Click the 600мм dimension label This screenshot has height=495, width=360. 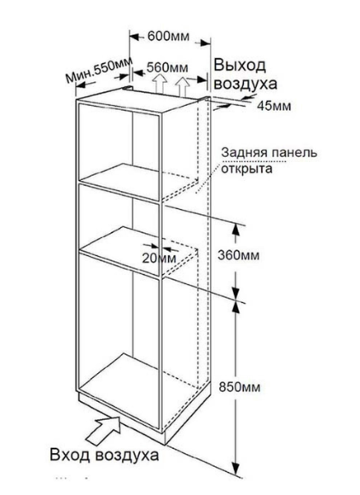coord(169,37)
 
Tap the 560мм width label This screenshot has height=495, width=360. coord(167,67)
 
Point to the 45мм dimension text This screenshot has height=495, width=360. coord(274,106)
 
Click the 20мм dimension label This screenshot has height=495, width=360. coord(159,259)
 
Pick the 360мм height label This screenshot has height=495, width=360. coord(239,255)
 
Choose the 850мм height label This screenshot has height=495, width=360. coord(240,387)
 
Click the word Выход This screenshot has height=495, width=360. coord(240,66)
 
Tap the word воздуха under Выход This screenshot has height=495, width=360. coord(246,84)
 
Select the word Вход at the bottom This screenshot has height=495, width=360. coord(70,455)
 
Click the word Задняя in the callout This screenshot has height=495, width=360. coord(241,153)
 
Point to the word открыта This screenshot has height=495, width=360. coord(247,169)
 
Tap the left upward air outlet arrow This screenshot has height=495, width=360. coord(160,84)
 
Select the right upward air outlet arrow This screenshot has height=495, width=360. coord(182,86)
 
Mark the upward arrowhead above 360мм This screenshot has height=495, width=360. coord(235,230)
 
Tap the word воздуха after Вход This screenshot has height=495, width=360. coord(127,456)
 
